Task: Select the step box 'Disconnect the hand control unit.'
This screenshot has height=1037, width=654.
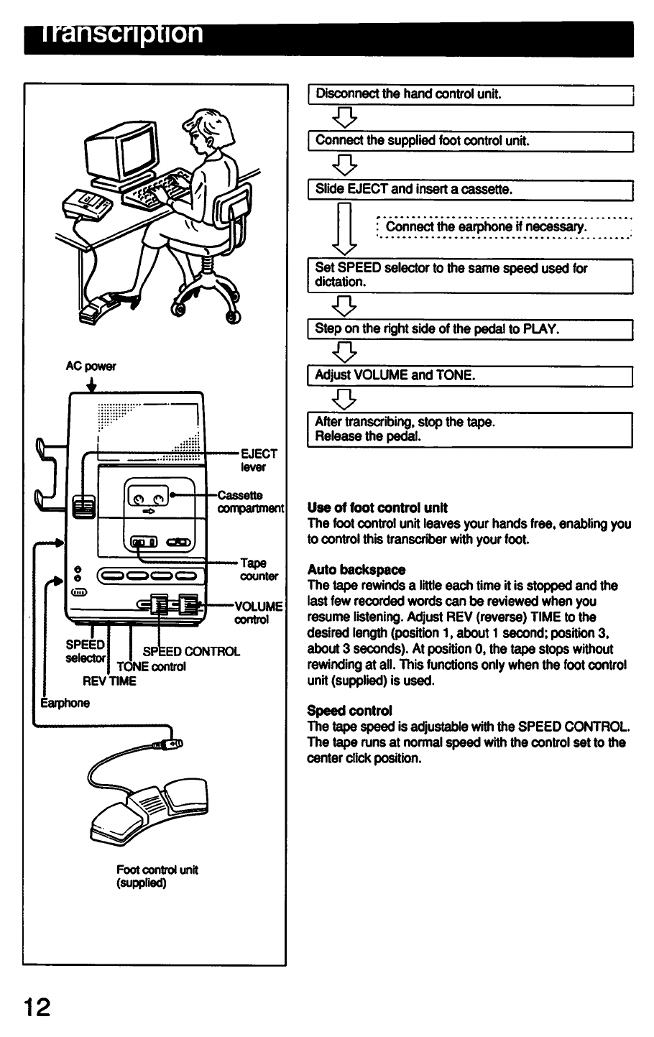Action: tap(469, 94)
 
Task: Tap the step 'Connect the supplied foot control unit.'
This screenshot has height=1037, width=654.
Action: tap(469, 142)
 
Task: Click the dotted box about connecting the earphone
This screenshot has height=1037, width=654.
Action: tap(503, 227)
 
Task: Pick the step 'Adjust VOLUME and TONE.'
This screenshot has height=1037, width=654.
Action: tap(469, 376)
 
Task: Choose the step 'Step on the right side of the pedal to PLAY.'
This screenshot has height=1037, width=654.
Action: tap(469, 330)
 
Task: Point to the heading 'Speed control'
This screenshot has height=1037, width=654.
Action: tap(349, 711)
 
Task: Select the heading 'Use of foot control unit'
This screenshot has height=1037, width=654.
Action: tap(377, 507)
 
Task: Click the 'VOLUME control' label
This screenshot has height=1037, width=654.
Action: tap(259, 612)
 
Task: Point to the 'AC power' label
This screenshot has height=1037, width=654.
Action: tap(91, 366)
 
